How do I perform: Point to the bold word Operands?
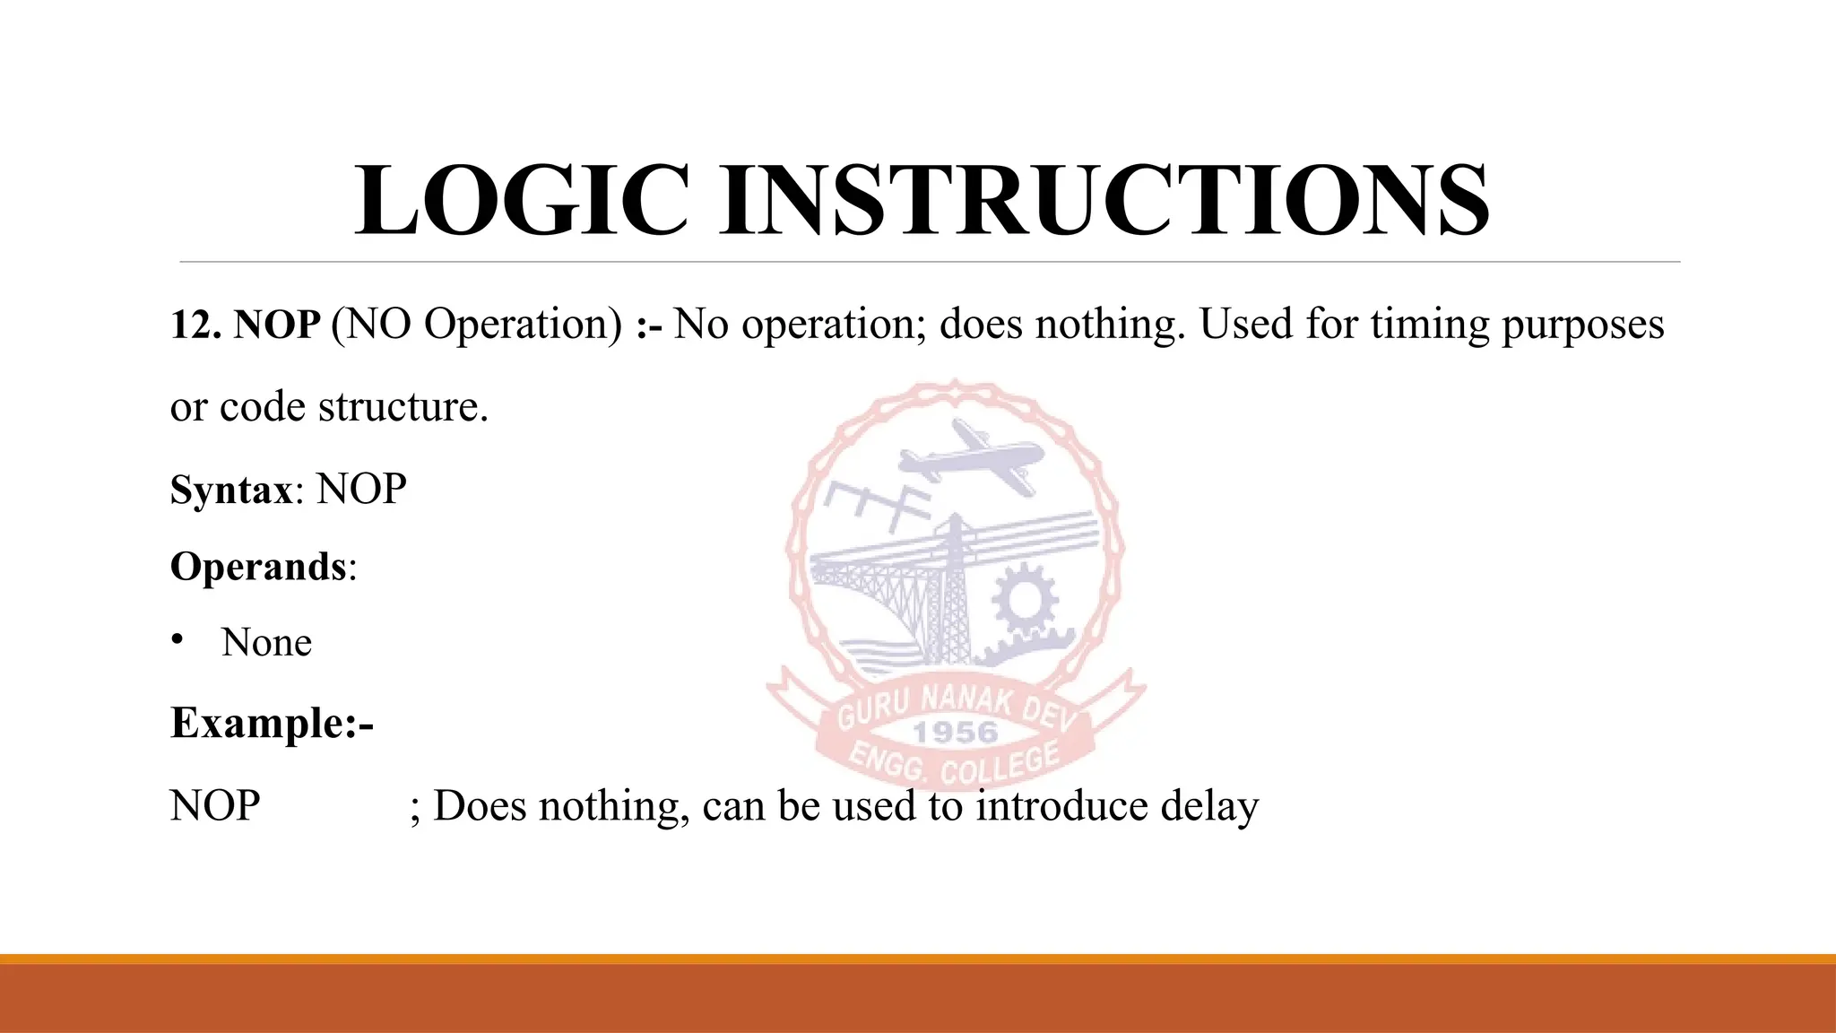click(258, 567)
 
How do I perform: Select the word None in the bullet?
click(266, 643)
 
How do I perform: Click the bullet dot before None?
click(178, 639)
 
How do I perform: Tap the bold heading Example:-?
click(272, 723)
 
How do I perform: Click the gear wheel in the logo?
click(1024, 600)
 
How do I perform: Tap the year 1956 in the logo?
click(955, 733)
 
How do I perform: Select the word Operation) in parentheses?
click(524, 325)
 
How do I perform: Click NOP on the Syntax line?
click(361, 490)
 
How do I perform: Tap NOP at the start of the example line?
click(215, 806)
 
